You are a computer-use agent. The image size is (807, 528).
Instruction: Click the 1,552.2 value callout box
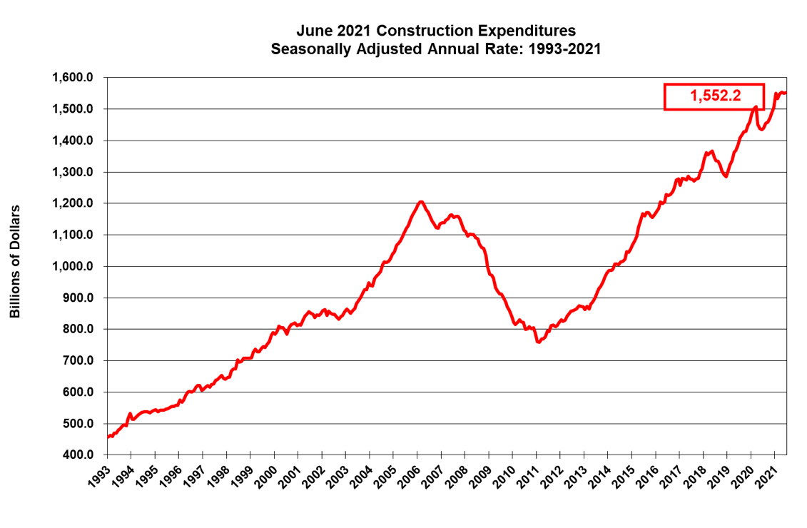714,96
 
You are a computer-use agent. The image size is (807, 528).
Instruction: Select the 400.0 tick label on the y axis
78,455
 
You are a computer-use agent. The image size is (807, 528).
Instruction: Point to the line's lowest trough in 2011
538,342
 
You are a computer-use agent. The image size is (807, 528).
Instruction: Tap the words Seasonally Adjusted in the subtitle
333,50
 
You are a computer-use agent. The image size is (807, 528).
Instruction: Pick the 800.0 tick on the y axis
78,330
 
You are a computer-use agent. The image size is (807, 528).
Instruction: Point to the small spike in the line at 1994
130,413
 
